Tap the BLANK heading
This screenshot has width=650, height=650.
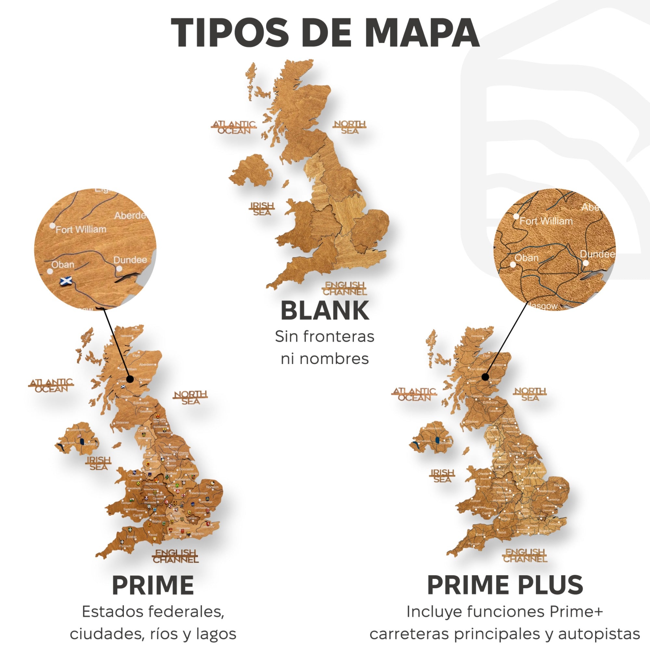[x=325, y=310]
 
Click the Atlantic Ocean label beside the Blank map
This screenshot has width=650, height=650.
[x=234, y=127]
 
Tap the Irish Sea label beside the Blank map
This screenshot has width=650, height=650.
[x=262, y=209]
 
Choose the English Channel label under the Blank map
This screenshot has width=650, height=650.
[x=344, y=289]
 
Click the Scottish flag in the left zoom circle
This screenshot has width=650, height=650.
[x=66, y=280]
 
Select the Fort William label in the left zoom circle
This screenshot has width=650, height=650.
[x=81, y=229]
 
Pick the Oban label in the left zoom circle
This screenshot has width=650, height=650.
[x=63, y=265]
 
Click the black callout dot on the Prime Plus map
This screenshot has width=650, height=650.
[x=485, y=377]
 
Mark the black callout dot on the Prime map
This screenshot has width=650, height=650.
[x=131, y=379]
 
